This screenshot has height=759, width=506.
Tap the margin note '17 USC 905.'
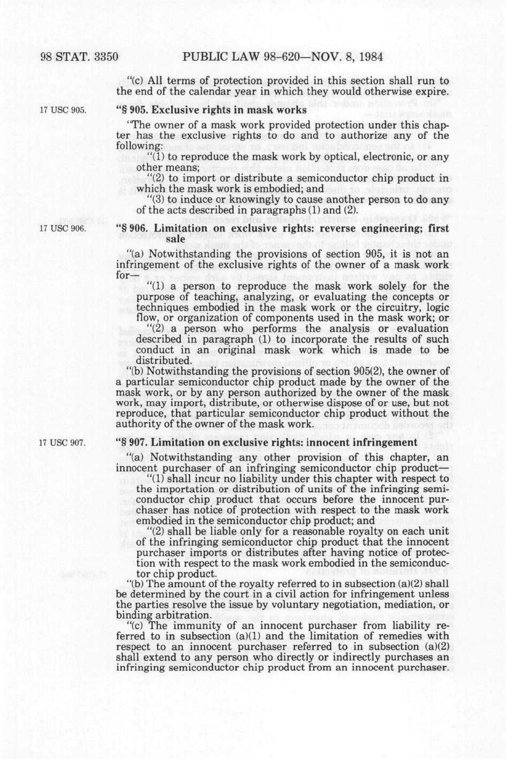click(63, 110)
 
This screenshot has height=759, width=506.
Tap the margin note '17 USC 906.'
click(63, 228)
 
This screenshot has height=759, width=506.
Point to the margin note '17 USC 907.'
click(63, 443)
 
